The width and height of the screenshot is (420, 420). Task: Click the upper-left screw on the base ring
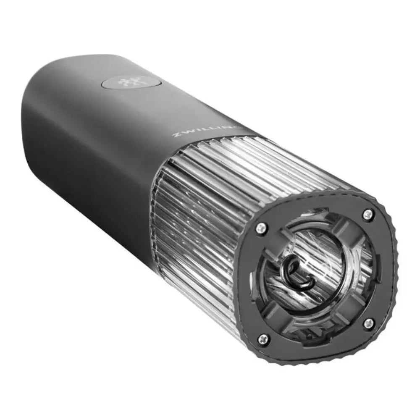260,227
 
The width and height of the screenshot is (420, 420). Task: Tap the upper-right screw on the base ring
368,213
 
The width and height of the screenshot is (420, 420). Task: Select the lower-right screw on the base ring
368,323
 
